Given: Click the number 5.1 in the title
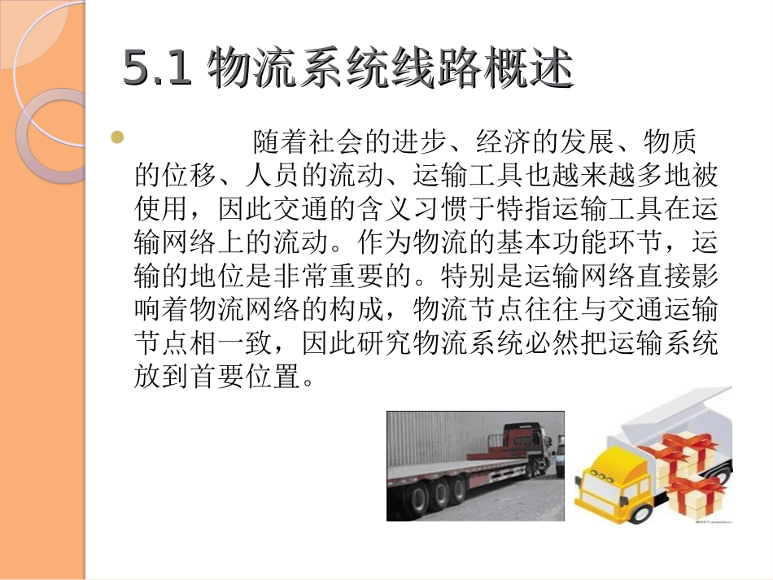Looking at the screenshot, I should (x=157, y=69).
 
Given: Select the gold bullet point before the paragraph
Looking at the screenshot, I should (x=117, y=138).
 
